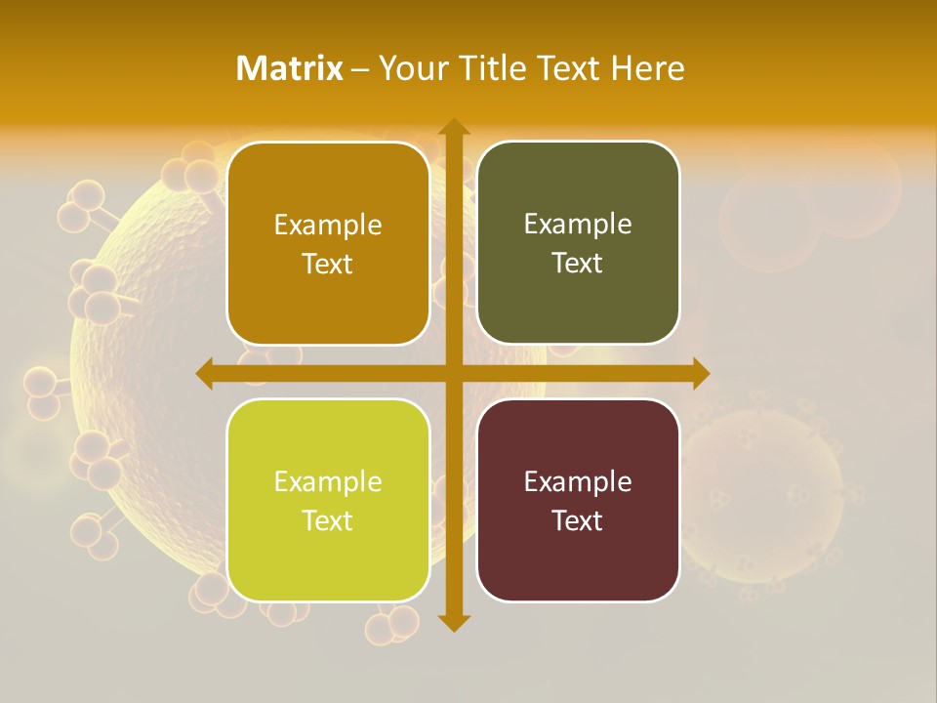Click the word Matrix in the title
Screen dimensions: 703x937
290,68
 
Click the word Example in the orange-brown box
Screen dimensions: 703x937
328,226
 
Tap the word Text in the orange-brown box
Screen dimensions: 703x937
328,265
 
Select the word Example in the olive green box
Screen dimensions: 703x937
578,225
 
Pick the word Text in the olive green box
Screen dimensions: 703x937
578,264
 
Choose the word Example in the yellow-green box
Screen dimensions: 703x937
328,482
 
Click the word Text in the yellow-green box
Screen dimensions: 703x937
328,521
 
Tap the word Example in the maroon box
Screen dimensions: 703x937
578,482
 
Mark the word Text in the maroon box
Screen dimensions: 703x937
578,521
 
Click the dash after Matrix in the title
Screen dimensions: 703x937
360,69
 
